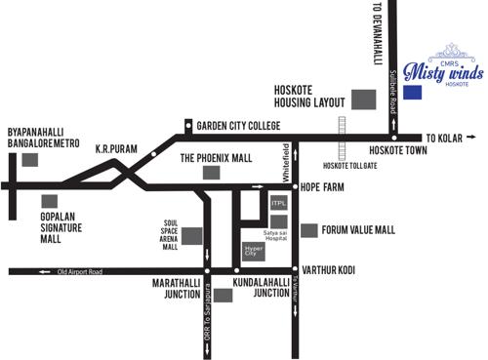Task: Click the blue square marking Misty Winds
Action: pyautogui.click(x=413, y=92)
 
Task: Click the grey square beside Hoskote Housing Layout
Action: pyautogui.click(x=363, y=99)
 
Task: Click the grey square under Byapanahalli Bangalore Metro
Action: pyautogui.click(x=30, y=157)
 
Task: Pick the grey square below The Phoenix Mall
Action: pyautogui.click(x=211, y=173)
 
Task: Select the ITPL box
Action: pyautogui.click(x=277, y=204)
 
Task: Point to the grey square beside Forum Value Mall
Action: pyautogui.click(x=308, y=230)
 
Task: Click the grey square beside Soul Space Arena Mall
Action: pyautogui.click(x=191, y=235)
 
